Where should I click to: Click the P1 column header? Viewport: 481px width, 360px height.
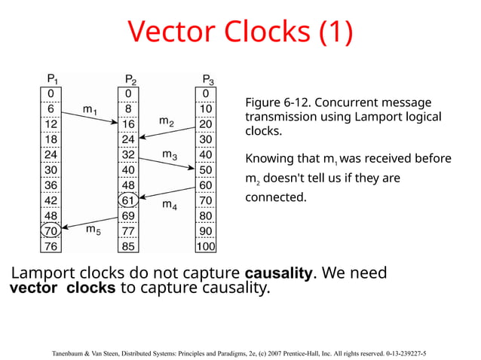coord(51,79)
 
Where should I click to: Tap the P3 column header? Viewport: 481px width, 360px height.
coord(208,79)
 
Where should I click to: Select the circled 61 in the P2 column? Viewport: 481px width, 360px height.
coord(129,200)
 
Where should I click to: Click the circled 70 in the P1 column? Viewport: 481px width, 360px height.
coord(51,230)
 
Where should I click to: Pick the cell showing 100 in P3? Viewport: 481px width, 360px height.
coord(206,246)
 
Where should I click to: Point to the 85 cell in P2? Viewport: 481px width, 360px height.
coord(129,246)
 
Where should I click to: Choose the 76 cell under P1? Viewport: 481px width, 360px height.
coord(51,246)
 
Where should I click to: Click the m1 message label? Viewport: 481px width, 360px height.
coord(90,110)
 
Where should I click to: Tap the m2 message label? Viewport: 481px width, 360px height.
coord(167,121)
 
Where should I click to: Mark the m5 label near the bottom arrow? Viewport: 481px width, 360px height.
coord(93,228)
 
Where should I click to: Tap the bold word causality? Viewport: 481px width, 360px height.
coord(278,273)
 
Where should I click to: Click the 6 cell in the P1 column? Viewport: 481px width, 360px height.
coord(51,108)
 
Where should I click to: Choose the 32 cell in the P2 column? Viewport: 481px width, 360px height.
coord(129,154)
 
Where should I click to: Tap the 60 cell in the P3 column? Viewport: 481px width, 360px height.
coord(206,185)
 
